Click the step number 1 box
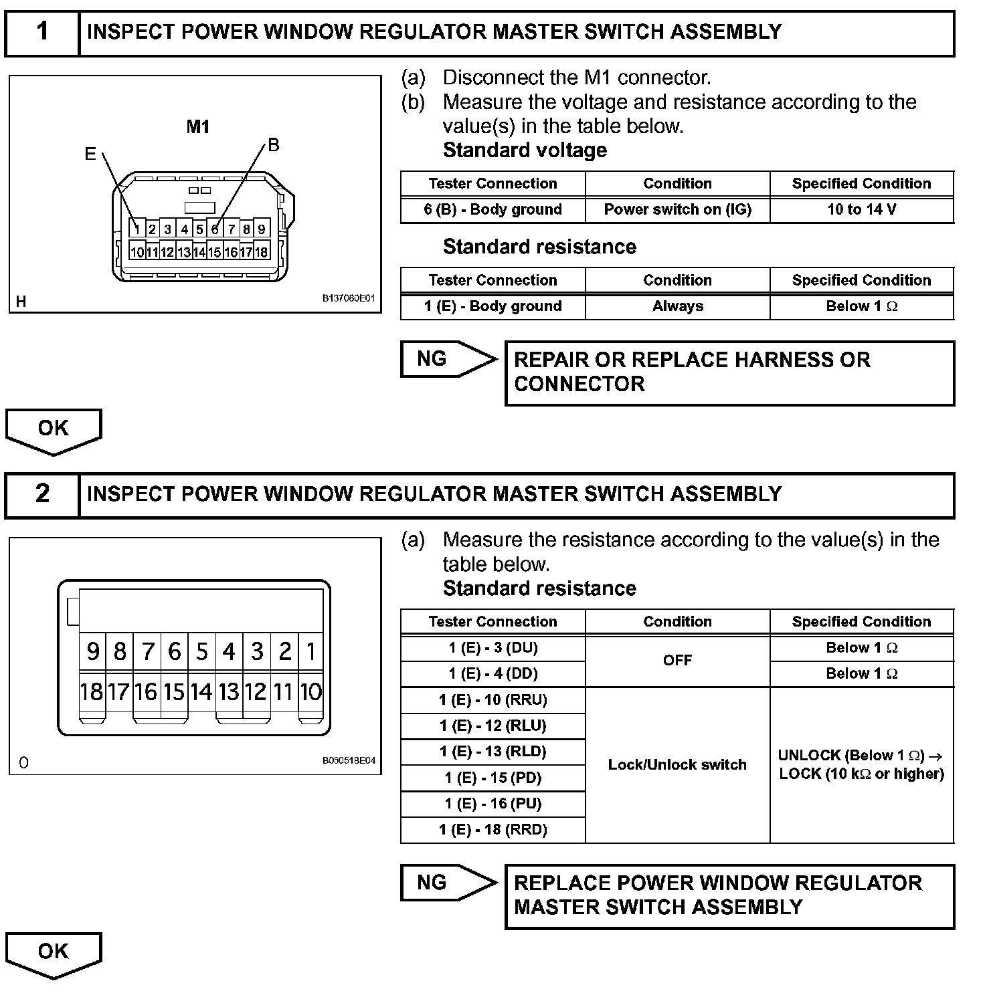coord(42,32)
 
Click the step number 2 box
coord(42,494)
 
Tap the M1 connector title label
coord(198,126)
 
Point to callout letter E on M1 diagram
coord(90,154)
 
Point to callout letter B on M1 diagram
coord(273,145)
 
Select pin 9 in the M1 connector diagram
coord(262,229)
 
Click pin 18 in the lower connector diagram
coord(91,691)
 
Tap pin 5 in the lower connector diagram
coord(201,651)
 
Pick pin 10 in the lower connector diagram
coord(310,691)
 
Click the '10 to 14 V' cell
coord(861,209)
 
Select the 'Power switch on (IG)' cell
coord(677,209)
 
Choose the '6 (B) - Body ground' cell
coord(493,209)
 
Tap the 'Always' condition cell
coord(677,306)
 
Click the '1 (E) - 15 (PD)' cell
coord(493,778)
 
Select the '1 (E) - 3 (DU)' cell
coord(493,647)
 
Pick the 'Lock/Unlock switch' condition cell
coord(677,764)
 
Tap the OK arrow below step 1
coord(53,429)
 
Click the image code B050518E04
coord(349,761)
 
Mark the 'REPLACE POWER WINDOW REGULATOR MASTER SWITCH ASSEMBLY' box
coord(729,896)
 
